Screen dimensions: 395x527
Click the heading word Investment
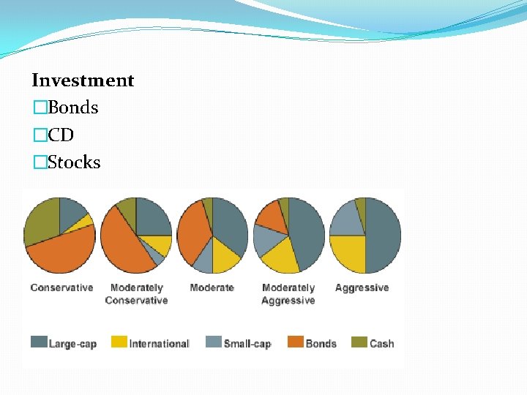coord(83,80)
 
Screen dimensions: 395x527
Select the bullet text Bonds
coord(72,108)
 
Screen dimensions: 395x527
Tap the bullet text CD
coord(61,135)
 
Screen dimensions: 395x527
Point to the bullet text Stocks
coord(74,162)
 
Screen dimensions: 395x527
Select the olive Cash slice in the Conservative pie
coord(40,222)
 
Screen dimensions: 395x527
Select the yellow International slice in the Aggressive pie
coord(348,253)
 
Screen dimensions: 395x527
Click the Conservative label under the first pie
coord(61,287)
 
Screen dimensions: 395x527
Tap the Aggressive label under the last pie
coord(362,287)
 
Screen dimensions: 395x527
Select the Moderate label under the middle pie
coord(212,287)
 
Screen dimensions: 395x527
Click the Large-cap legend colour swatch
coord(39,342)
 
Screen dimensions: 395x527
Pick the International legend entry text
coord(159,343)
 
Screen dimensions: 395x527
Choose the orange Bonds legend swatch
coord(296,342)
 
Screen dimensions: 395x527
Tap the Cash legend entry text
coord(381,343)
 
